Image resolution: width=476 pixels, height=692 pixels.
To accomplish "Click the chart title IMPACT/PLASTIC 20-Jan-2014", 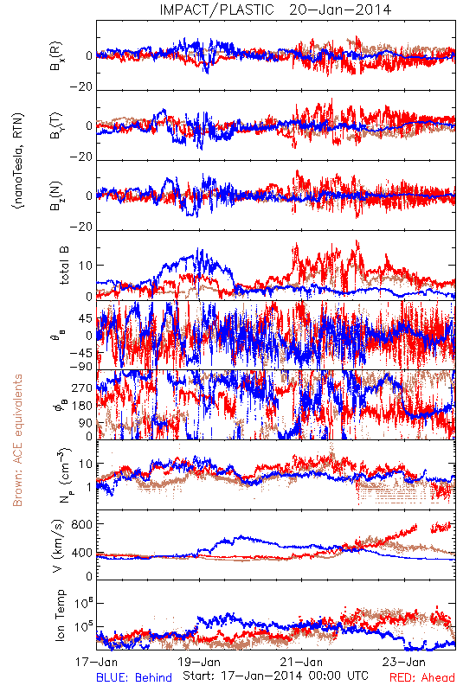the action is click(275, 10).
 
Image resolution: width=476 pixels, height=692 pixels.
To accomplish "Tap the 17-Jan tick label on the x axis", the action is click(96, 662).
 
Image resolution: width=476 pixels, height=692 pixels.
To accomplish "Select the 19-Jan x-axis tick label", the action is click(199, 662).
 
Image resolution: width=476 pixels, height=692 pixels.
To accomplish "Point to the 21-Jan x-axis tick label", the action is click(302, 662).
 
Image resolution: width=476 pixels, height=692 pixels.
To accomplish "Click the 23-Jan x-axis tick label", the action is click(404, 662).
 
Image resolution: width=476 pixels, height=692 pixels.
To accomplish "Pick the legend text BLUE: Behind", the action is click(134, 678).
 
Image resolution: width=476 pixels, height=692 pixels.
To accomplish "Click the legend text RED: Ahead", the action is click(422, 678).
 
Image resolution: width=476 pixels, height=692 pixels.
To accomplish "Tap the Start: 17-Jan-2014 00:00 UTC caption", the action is click(276, 676).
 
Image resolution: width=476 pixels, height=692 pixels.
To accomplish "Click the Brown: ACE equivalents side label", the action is click(17, 440).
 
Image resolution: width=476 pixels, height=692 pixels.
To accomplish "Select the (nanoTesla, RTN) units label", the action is click(18, 161).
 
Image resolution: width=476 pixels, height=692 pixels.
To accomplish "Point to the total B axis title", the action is click(64, 265).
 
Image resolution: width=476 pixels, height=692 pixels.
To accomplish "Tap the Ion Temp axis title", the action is click(60, 615).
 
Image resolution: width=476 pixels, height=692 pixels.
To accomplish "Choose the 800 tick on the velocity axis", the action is click(82, 524).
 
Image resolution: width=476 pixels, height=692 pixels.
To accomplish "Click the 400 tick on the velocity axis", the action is click(82, 552).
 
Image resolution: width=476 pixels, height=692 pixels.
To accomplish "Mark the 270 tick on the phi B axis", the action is click(82, 388).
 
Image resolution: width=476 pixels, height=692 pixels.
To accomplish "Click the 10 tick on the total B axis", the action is click(86, 266).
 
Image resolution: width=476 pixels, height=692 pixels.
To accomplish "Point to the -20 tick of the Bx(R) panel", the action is click(81, 87).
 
